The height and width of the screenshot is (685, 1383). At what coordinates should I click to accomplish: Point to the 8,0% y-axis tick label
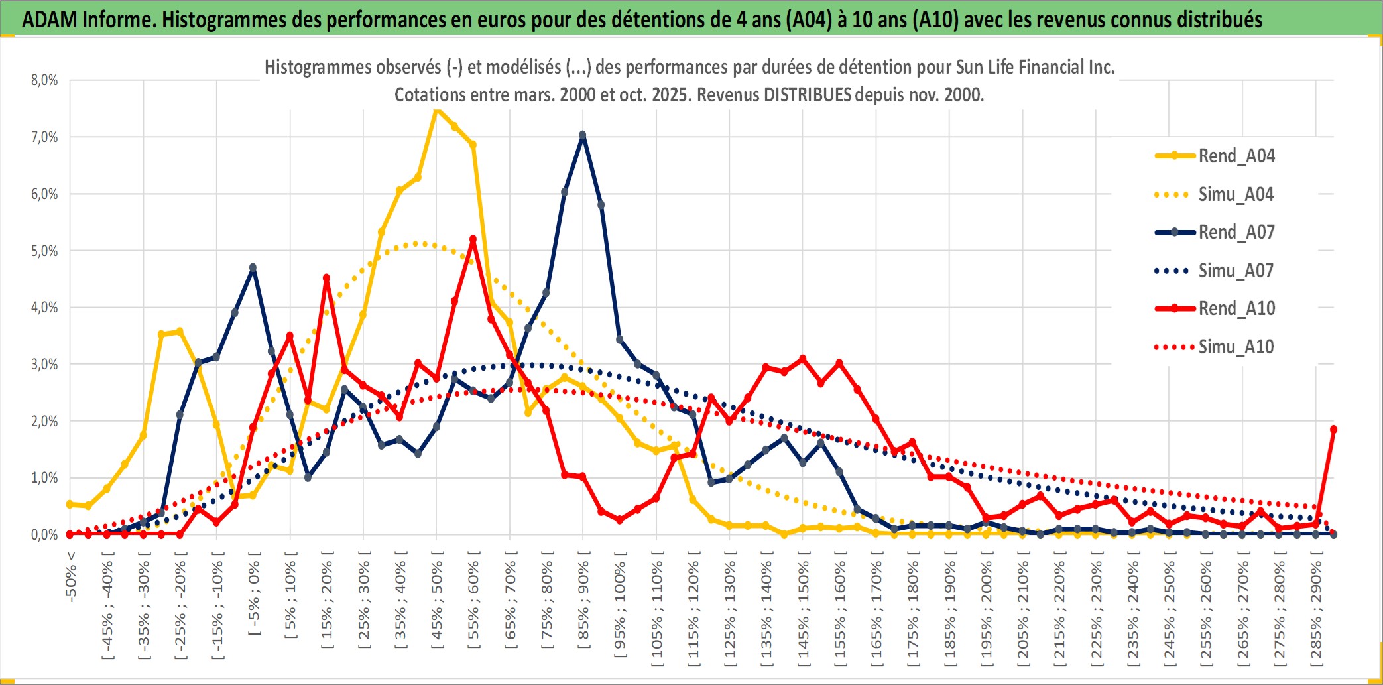coord(44,80)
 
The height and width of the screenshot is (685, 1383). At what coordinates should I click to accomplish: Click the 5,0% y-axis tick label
coord(44,251)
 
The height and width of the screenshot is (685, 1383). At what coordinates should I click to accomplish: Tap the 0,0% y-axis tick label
coord(44,534)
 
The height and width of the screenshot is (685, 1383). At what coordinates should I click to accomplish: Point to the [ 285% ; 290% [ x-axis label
coord(1316,613)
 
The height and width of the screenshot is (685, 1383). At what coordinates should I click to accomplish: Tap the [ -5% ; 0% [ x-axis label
coord(253,593)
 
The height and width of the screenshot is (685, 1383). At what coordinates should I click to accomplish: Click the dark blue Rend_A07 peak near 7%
coord(583,135)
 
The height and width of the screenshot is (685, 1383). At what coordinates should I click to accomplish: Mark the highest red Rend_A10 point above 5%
coord(473,239)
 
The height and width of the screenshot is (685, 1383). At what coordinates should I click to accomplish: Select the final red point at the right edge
coord(1333,430)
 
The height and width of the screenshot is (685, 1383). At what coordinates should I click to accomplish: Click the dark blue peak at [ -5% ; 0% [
coord(253,268)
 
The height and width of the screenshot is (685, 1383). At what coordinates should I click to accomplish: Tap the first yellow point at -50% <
coord(70,505)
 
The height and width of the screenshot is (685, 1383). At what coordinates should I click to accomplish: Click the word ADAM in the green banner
coord(50,20)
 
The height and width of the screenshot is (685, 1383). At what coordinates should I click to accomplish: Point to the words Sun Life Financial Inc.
coord(1035,67)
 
